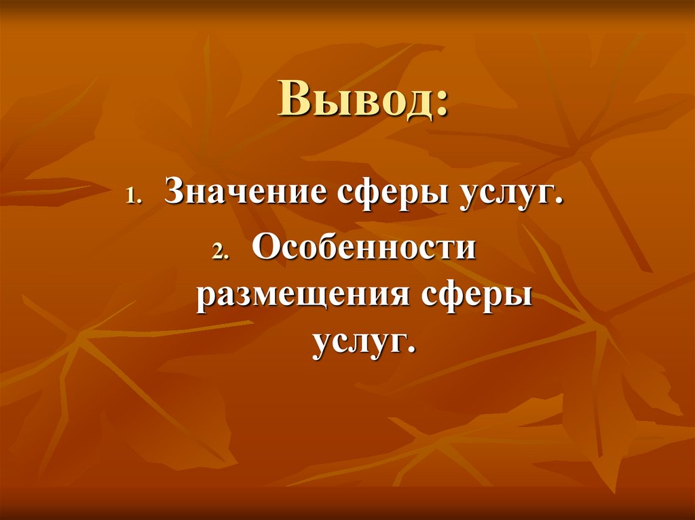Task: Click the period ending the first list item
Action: (x=561, y=205)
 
